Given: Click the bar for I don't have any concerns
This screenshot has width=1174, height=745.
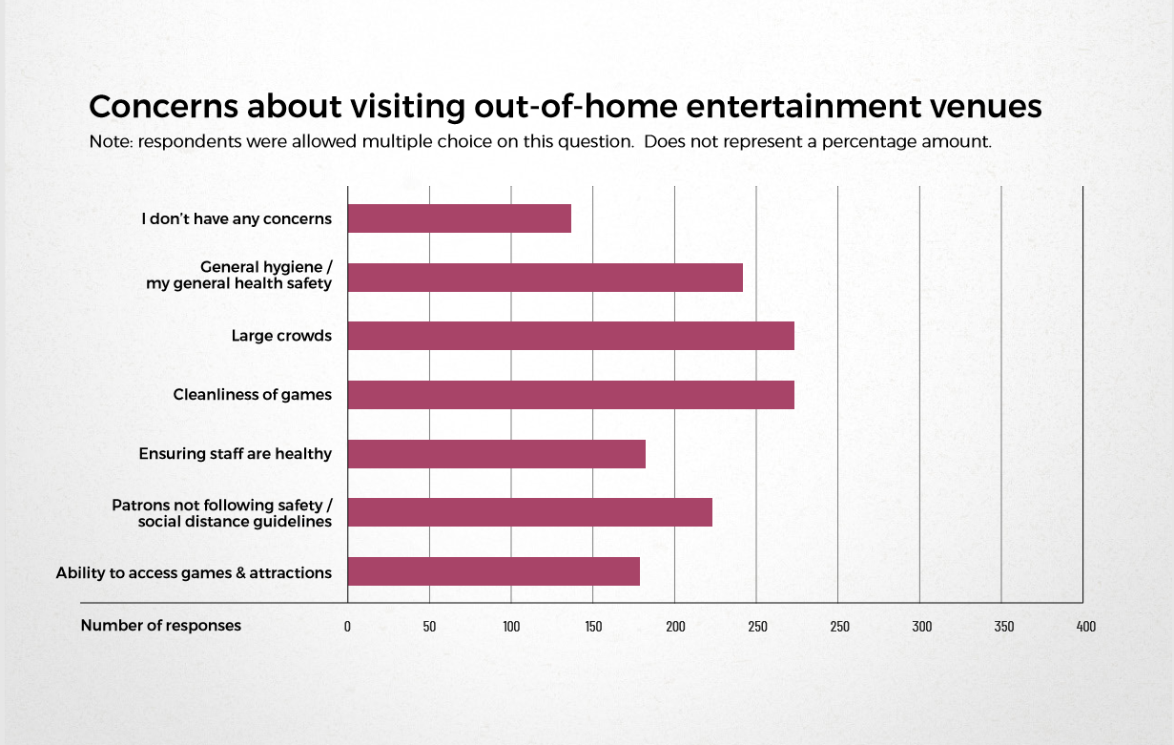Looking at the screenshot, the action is pos(459,218).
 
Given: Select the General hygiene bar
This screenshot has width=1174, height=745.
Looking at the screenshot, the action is pos(546,278).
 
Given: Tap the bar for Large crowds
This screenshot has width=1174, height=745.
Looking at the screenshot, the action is pos(570,336).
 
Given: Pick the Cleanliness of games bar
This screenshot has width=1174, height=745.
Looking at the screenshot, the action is pos(570,395).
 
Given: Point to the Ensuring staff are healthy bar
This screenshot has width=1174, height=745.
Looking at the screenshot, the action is pos(496,454).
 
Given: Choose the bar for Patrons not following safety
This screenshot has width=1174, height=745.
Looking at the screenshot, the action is pos(530,512).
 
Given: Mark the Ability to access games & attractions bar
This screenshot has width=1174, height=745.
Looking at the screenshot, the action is pos(494,571).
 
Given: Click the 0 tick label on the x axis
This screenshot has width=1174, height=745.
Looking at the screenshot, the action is pos(347,627).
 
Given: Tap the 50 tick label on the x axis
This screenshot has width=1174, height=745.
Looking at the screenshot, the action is pos(429,627).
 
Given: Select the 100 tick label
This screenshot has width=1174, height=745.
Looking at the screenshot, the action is pos(511,627).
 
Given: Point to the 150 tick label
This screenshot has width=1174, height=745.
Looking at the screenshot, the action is pos(593,627).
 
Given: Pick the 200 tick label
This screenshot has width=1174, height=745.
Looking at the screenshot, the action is pos(675,627).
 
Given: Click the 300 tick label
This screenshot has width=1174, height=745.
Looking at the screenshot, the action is pos(922,627).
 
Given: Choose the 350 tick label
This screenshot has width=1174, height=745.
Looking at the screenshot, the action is pos(1004,627).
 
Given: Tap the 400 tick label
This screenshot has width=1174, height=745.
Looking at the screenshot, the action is pos(1086,627).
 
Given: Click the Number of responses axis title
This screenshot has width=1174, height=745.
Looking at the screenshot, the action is pos(161,626).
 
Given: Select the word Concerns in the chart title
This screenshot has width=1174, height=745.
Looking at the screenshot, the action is pos(163,107).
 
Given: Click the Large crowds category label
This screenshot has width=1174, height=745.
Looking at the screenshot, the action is pos(281,336).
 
